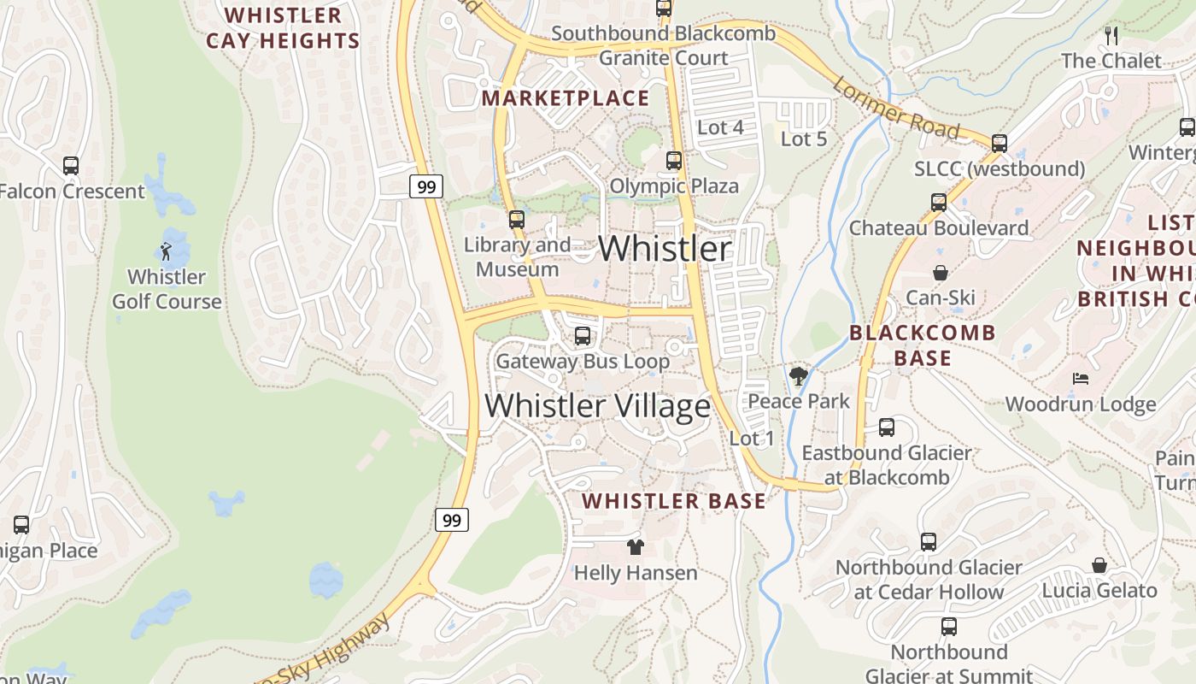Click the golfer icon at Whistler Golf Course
(x=166, y=251)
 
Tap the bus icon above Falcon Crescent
(x=71, y=166)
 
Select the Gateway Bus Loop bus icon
(x=583, y=336)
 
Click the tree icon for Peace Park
(x=799, y=376)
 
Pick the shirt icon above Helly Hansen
(x=635, y=547)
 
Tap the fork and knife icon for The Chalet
(x=1111, y=36)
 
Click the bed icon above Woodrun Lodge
(x=1081, y=379)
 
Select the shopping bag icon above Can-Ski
(x=941, y=273)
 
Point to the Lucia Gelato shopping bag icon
(x=1099, y=565)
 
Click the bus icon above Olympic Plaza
(x=674, y=161)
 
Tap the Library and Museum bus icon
(x=517, y=220)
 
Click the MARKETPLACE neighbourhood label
(x=566, y=98)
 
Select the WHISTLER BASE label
(x=674, y=501)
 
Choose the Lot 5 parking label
(x=804, y=139)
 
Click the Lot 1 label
(x=752, y=439)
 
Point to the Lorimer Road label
(x=895, y=108)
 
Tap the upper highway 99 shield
(x=425, y=186)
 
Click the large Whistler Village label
(x=597, y=405)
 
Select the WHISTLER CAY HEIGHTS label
(x=283, y=28)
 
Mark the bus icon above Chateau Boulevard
(x=939, y=203)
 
